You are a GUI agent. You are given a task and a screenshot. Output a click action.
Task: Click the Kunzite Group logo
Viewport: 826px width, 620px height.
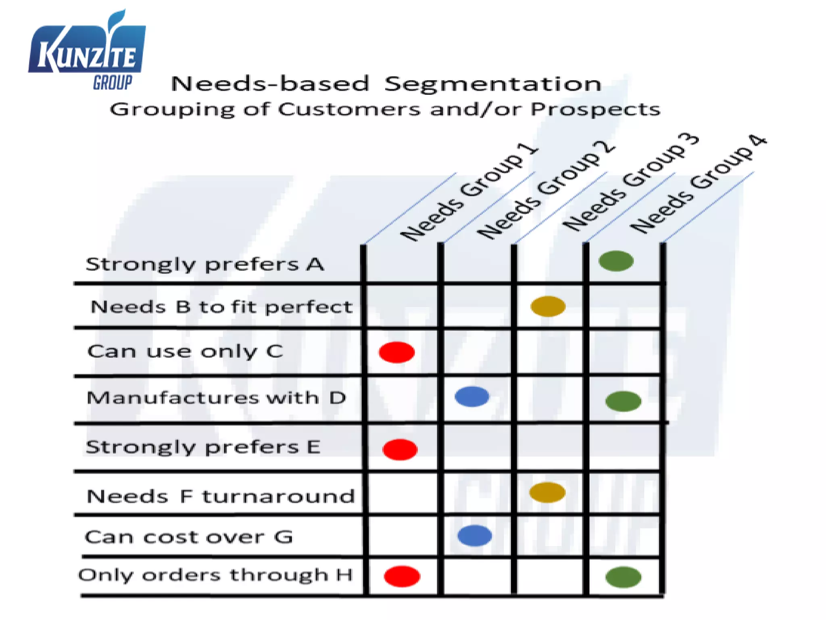[x=87, y=52]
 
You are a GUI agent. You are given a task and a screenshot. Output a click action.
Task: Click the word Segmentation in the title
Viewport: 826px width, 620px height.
[x=492, y=84]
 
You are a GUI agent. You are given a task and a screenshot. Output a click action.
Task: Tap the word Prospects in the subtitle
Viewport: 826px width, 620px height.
[x=595, y=109]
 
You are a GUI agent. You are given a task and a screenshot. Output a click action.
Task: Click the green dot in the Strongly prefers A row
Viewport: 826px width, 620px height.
[x=616, y=261]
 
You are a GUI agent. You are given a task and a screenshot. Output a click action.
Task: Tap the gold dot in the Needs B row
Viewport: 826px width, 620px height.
[x=548, y=306]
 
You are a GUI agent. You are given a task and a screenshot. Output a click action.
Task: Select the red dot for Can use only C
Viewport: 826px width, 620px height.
[x=396, y=352]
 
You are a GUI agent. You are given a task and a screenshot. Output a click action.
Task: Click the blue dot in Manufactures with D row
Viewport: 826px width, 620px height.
[x=472, y=396]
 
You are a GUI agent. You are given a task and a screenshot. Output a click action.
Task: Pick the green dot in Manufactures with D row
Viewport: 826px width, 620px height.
[x=623, y=401]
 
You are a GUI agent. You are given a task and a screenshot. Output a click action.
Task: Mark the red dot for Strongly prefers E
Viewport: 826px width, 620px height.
[x=400, y=449]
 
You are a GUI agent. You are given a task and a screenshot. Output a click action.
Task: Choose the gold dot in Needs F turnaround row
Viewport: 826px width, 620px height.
[x=547, y=492]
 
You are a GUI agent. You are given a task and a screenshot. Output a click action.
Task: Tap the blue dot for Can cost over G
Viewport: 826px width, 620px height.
[x=475, y=536]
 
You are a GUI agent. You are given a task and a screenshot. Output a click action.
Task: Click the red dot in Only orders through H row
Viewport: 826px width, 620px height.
[x=402, y=576]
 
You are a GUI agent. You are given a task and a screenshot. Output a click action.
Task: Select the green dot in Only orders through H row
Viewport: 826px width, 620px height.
[x=623, y=577]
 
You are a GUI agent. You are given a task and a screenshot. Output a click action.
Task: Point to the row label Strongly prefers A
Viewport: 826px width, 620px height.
[x=205, y=264]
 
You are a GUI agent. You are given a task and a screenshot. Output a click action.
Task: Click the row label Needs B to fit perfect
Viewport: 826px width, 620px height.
[x=221, y=307]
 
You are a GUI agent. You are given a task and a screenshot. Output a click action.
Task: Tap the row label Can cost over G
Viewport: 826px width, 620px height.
[x=189, y=537]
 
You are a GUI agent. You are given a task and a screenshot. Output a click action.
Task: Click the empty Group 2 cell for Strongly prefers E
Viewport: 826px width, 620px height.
[x=477, y=447]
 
